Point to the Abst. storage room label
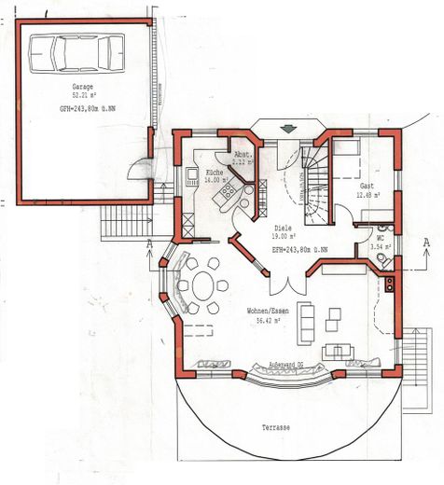tap(241, 156)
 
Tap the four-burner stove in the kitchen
tap(226, 193)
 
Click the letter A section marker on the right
tap(425, 242)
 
